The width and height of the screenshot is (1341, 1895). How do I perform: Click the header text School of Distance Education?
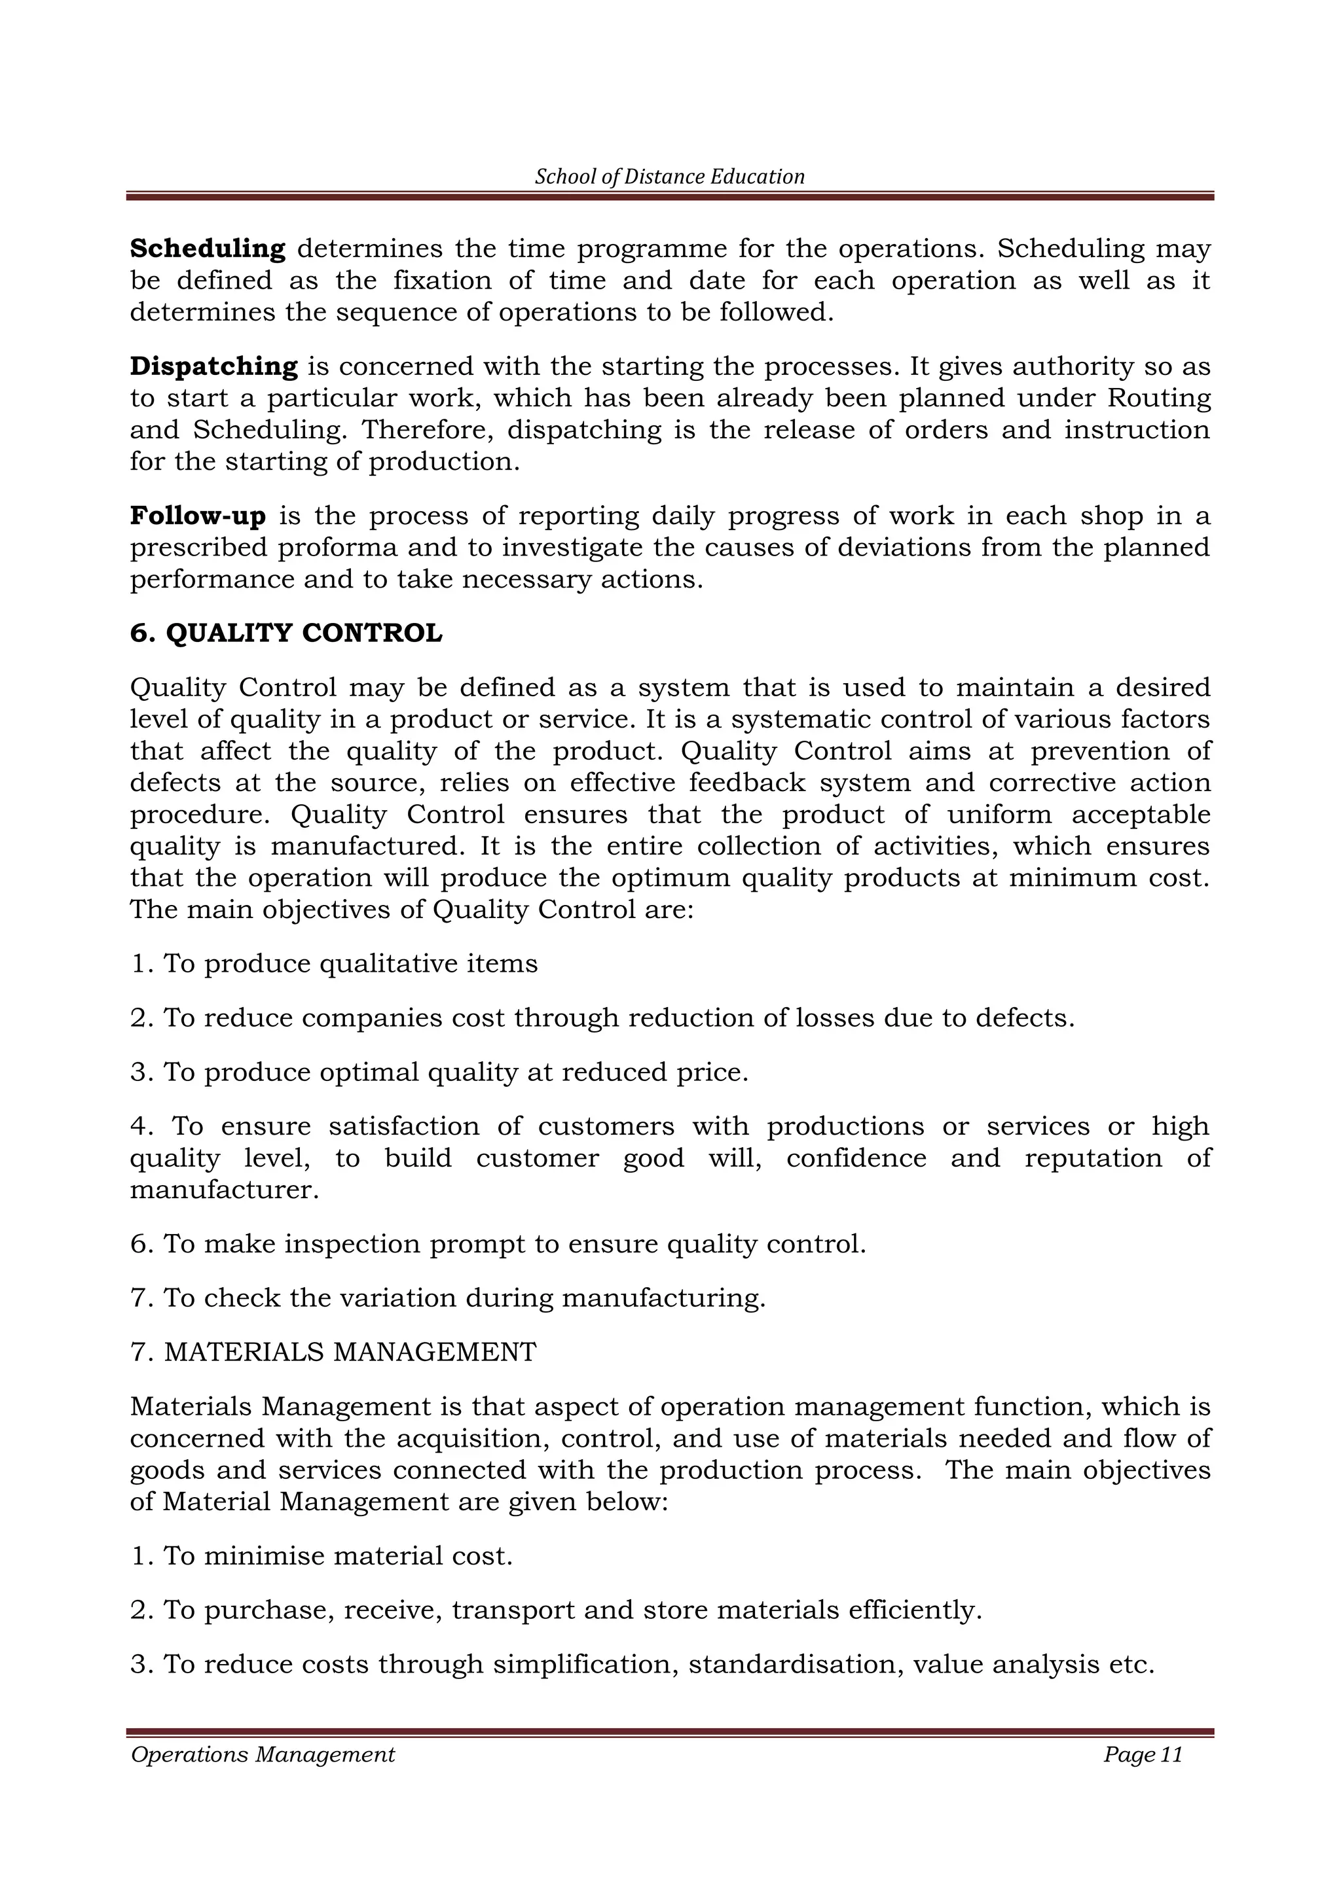pos(670,177)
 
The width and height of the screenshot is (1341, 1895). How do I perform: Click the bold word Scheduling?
pos(208,249)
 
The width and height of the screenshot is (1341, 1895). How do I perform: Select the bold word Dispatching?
pos(214,366)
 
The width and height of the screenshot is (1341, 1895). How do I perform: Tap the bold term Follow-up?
pos(198,516)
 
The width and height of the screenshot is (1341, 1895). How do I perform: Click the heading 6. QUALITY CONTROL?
pos(285,633)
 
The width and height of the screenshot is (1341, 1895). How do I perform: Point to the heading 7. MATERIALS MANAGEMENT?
pos(333,1352)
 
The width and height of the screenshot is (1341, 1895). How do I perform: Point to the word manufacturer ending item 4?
pos(224,1190)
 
